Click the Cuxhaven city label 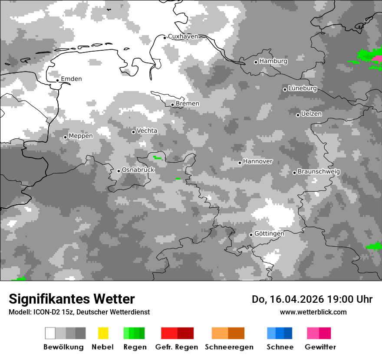point(183,36)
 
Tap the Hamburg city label point(273,61)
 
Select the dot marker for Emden point(58,80)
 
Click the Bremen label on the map point(188,104)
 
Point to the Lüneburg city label point(303,88)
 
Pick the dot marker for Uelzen point(298,115)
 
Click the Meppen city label point(81,136)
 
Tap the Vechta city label point(147,131)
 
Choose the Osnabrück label point(138,170)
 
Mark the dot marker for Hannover point(240,163)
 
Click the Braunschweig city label point(319,171)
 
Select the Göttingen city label point(269,233)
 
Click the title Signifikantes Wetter point(72,299)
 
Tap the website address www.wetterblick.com point(313,312)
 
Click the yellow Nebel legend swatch point(103,333)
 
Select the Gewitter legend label point(320,347)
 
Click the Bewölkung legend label point(63,347)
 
